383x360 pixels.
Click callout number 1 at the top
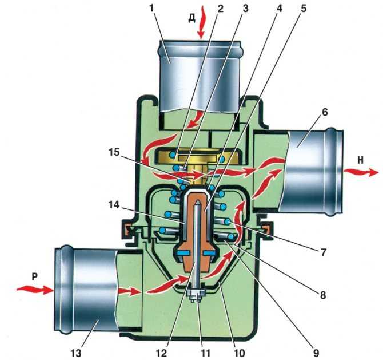(152, 9)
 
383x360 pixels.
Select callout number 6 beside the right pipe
(325, 113)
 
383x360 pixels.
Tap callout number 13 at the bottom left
(77, 353)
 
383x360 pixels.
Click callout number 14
(114, 205)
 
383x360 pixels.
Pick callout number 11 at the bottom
(205, 353)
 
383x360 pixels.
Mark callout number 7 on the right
(324, 252)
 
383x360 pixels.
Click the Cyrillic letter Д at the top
(192, 18)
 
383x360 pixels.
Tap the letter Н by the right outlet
(360, 160)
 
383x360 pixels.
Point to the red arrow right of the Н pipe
(361, 172)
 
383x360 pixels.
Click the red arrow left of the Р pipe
(35, 290)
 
